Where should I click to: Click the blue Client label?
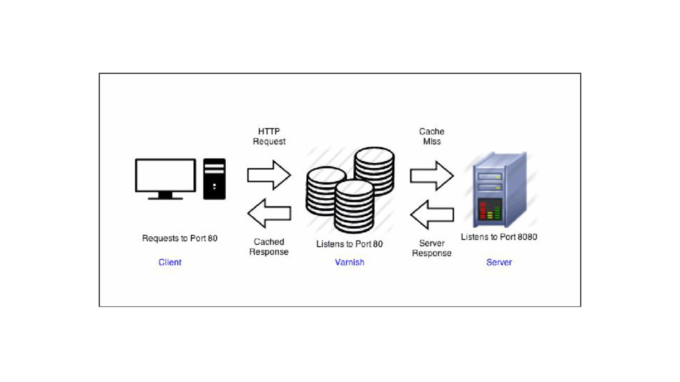tap(170, 263)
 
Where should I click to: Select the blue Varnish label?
tap(349, 263)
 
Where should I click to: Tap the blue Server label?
tap(499, 263)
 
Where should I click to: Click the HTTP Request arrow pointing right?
tap(269, 175)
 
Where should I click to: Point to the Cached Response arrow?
tap(269, 213)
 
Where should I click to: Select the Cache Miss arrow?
tap(432, 175)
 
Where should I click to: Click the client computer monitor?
tap(165, 174)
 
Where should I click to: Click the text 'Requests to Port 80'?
tap(179, 238)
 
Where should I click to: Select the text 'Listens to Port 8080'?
tap(499, 237)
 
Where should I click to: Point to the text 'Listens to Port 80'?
tap(349, 244)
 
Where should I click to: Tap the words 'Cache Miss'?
tap(432, 137)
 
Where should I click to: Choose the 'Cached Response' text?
tap(269, 247)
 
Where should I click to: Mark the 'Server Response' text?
tap(432, 248)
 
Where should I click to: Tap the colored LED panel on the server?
tap(490, 210)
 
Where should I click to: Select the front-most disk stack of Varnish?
tap(354, 207)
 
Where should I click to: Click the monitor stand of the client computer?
tap(165, 195)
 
